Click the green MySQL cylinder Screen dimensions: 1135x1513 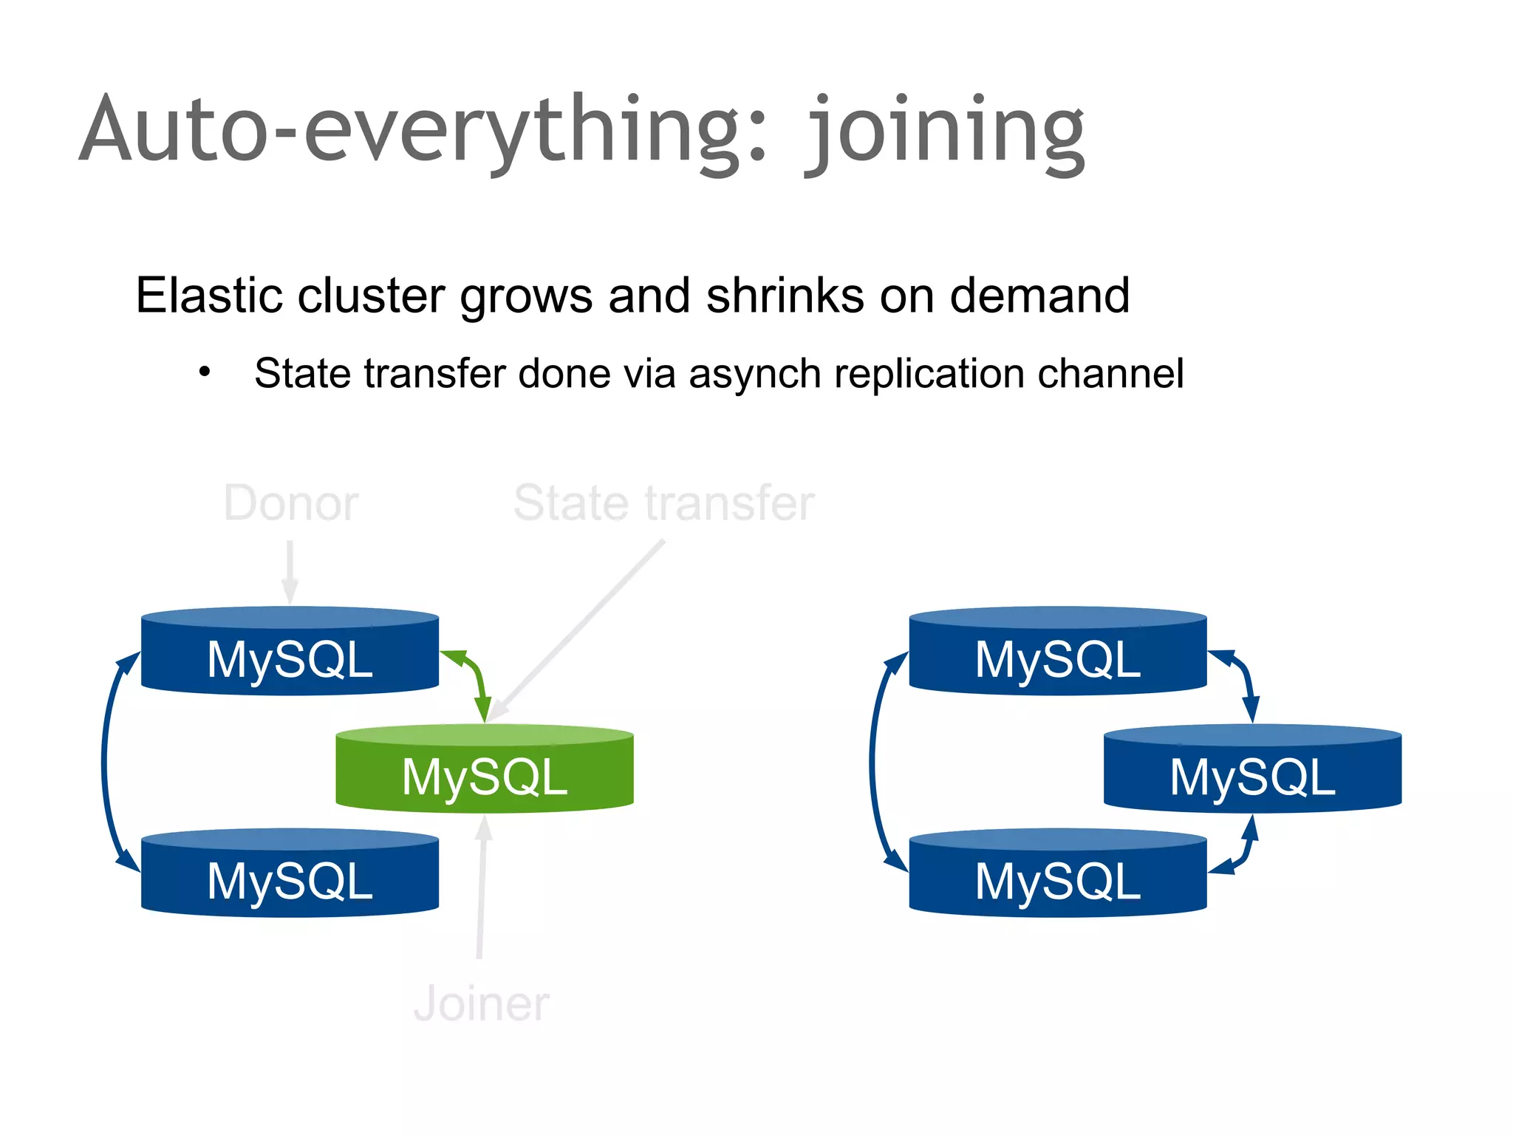[485, 770]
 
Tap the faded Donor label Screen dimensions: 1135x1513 [291, 504]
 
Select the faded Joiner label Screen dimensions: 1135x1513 [482, 1004]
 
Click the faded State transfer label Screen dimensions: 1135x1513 [663, 504]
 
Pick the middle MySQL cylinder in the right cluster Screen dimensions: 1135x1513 [1252, 770]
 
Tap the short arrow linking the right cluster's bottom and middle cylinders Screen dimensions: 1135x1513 [1243, 850]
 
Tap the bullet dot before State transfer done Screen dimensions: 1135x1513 [205, 372]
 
